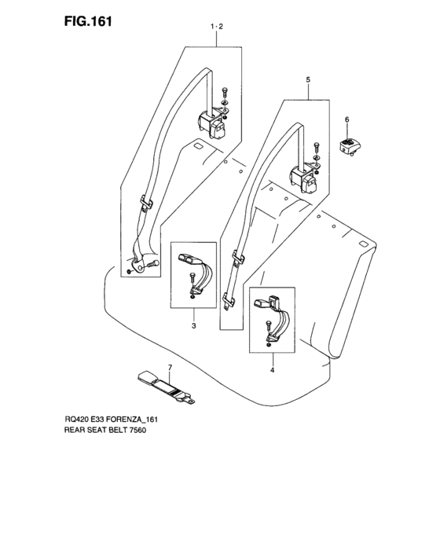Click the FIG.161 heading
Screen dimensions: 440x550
click(x=88, y=22)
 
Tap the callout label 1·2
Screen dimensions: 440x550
click(x=217, y=26)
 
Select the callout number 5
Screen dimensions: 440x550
click(x=308, y=80)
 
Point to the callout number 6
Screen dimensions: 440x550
click(x=347, y=120)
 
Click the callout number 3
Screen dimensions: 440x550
click(x=194, y=326)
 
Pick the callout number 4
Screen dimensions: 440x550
click(x=273, y=370)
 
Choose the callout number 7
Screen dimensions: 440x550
click(x=170, y=368)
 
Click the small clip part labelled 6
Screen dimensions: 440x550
click(x=350, y=146)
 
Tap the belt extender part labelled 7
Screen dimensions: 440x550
click(x=166, y=387)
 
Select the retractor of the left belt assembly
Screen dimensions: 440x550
click(x=211, y=124)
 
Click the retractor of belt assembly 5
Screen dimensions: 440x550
click(x=303, y=180)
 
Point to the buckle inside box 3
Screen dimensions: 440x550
click(x=190, y=258)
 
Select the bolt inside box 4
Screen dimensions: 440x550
click(x=268, y=327)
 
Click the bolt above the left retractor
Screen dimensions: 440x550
click(x=224, y=94)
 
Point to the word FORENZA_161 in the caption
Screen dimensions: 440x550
click(x=131, y=419)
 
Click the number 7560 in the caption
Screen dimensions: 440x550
click(x=138, y=430)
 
